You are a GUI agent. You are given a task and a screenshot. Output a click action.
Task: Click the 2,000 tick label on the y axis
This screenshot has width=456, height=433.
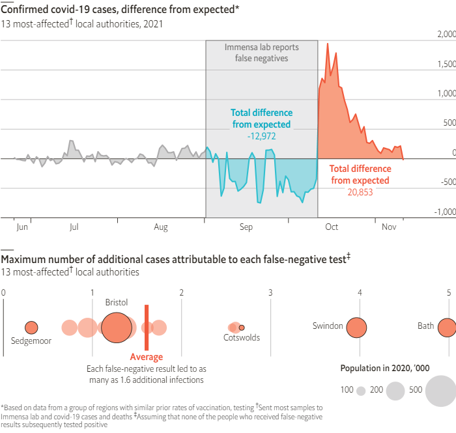pyautogui.click(x=445, y=34)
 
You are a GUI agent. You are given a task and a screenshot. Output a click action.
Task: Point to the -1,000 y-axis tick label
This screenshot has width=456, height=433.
pyautogui.click(x=444, y=212)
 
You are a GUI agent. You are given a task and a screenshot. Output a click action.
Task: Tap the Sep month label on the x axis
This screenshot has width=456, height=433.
pyautogui.click(x=246, y=227)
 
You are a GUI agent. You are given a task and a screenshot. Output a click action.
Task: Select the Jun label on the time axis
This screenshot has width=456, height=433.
pyautogui.click(x=22, y=227)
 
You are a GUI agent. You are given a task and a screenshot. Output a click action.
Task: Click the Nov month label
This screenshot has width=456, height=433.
pyautogui.click(x=389, y=227)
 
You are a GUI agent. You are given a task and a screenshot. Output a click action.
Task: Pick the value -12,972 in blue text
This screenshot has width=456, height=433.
pyautogui.click(x=261, y=137)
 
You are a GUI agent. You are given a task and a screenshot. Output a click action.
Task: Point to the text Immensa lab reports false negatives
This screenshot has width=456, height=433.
pyautogui.click(x=261, y=53)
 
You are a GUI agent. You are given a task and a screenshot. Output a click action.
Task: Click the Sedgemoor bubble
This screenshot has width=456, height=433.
pyautogui.click(x=31, y=328)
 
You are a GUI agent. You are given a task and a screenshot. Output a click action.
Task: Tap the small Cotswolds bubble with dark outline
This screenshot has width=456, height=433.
pyautogui.click(x=242, y=328)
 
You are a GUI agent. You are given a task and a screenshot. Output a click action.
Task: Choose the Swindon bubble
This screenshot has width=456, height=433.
pyautogui.click(x=356, y=328)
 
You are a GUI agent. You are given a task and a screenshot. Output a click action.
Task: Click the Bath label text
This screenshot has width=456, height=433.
pyautogui.click(x=425, y=326)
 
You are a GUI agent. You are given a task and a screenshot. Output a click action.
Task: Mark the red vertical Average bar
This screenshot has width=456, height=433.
pyautogui.click(x=147, y=328)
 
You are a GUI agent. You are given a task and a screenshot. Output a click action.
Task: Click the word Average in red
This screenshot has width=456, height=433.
pyautogui.click(x=147, y=357)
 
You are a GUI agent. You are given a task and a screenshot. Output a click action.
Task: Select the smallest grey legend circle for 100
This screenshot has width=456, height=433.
pyautogui.click(x=360, y=391)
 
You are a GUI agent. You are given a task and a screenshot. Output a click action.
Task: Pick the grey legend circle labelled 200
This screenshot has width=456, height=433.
pyautogui.click(x=395, y=391)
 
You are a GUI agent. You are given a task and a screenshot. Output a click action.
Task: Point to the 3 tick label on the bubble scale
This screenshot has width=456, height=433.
pyautogui.click(x=270, y=293)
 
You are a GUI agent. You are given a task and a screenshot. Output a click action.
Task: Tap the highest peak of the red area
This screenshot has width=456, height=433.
pyautogui.click(x=327, y=44)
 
